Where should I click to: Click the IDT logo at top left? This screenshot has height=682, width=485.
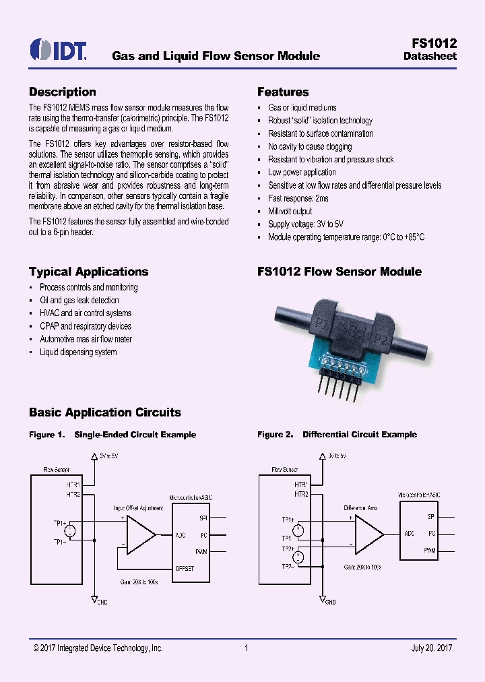pos(58,50)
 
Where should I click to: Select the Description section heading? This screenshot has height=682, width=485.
pos(62,92)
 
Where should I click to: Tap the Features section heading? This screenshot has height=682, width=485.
pos(283,92)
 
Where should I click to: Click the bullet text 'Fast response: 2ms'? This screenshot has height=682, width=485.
pos(298,199)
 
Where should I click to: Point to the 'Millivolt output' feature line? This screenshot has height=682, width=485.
pos(290,212)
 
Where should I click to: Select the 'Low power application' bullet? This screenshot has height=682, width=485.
pos(302,173)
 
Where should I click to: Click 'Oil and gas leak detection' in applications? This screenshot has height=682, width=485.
pos(79,301)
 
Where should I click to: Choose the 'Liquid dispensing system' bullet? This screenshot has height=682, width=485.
pos(78,352)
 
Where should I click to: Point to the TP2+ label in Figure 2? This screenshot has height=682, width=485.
pos(288,549)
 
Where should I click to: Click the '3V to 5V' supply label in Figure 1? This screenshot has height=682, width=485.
pos(109,456)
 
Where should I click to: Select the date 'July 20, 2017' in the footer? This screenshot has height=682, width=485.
pos(431,648)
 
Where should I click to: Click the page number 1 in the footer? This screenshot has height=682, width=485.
pos(247,648)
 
